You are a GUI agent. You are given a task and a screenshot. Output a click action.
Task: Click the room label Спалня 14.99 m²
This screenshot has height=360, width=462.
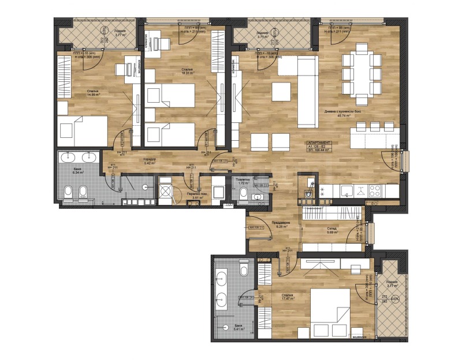point(93,93)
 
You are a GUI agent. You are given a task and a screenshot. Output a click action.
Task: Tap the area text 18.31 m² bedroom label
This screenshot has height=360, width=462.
point(186,72)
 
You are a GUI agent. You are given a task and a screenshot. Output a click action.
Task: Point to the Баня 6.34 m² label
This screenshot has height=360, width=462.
point(78,171)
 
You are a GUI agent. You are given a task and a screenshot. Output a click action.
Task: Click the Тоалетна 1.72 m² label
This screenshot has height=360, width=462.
point(242,181)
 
